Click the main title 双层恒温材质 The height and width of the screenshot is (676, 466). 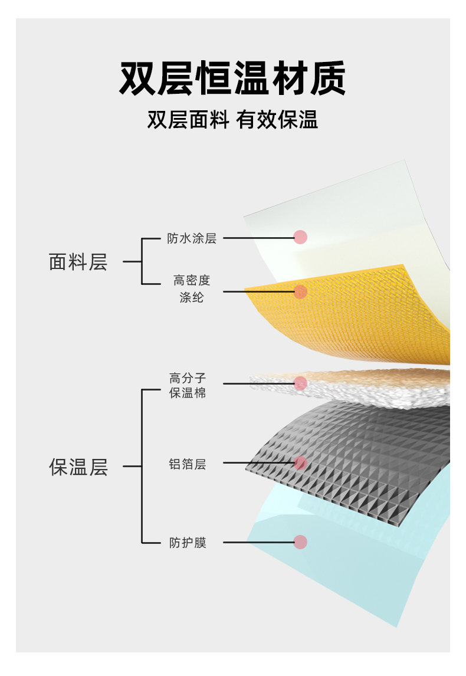(232, 79)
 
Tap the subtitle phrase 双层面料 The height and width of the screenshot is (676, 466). (188, 120)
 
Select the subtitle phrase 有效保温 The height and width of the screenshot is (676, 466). (277, 120)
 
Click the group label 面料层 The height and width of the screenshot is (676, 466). (78, 262)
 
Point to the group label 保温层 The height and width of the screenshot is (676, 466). (78, 467)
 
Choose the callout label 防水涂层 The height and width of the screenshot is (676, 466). (192, 238)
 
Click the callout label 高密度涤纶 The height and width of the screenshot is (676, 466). (192, 288)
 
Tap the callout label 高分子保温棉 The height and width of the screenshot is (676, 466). (188, 385)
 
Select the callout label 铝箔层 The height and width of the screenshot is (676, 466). (188, 464)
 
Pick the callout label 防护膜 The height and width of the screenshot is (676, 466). (188, 543)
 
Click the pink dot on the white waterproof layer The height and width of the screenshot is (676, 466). (301, 237)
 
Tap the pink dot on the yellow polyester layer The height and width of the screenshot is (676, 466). (301, 291)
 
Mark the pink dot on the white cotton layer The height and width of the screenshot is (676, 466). (301, 383)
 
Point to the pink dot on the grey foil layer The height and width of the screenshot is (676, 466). (301, 463)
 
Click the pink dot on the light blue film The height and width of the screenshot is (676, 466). (301, 542)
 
